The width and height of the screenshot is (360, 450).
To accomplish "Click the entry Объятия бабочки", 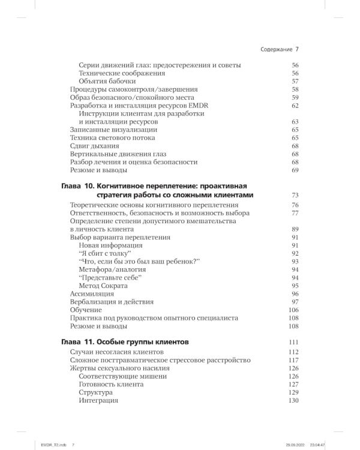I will (x=107, y=81).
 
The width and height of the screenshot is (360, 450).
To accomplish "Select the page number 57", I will (x=295, y=81).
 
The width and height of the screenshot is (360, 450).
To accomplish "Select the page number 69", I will (x=295, y=170).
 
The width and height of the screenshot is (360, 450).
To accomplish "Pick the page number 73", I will (x=295, y=196).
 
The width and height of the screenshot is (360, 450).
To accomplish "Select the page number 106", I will (x=293, y=310).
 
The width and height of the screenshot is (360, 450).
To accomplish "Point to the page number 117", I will (x=293, y=360).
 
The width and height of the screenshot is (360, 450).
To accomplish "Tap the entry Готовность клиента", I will (x=111, y=384).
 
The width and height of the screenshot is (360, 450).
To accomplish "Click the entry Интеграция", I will (x=98, y=400).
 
